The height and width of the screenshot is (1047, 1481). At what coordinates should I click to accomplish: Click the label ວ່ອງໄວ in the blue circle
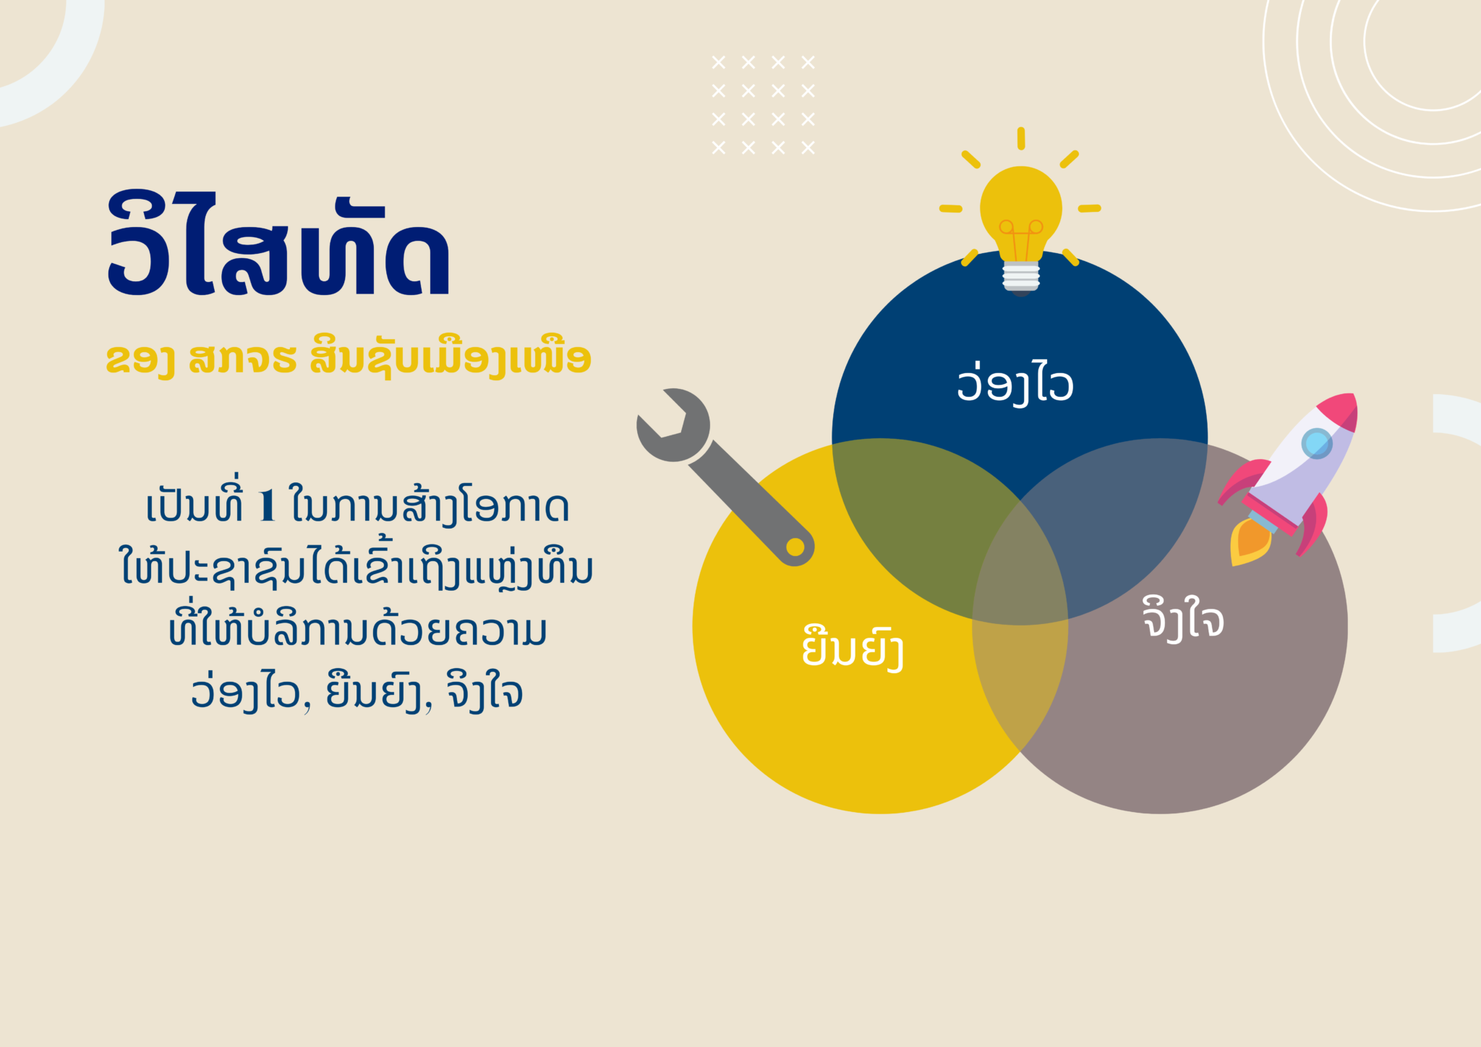coord(1015,383)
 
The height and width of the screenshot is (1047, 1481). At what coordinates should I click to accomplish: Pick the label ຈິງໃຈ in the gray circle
coord(1183,618)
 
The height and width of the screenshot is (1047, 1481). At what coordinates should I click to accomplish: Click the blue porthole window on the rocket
coord(1317,443)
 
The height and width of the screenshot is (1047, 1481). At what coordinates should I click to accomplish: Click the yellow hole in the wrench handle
coord(795,547)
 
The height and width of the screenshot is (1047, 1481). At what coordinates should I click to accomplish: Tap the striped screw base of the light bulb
coord(1021,275)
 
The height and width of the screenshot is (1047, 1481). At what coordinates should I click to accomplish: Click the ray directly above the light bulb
coord(1021,139)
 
